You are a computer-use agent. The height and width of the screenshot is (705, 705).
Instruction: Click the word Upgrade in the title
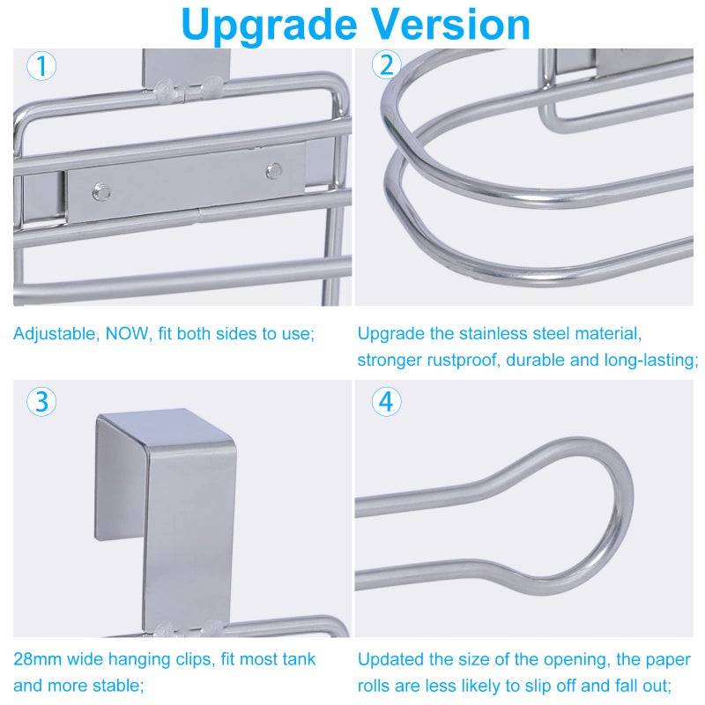tap(269, 26)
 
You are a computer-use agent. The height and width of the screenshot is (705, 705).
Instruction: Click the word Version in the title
tap(451, 25)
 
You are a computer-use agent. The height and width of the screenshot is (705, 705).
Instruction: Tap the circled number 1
tap(41, 66)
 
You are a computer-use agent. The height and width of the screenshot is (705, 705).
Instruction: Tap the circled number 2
tap(386, 65)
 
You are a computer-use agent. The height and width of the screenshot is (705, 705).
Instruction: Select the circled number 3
tap(41, 402)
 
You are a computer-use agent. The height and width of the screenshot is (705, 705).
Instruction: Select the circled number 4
tap(386, 402)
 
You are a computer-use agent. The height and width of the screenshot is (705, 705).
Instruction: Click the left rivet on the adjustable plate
tap(101, 192)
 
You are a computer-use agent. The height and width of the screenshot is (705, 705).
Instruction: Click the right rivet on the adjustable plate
tap(273, 171)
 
